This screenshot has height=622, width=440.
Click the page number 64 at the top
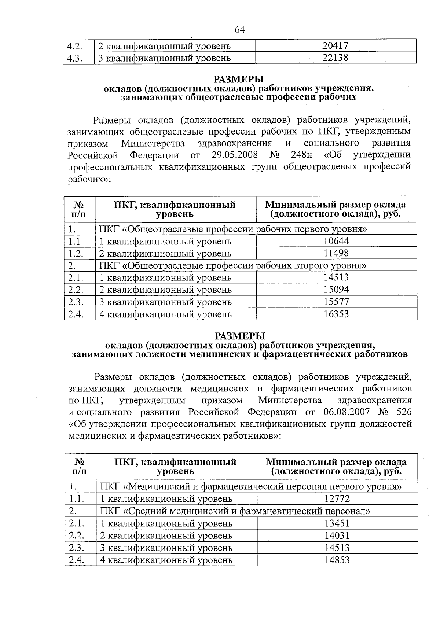click(x=239, y=30)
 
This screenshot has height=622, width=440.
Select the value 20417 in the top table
click(x=335, y=46)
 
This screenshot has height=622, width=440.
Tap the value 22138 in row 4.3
click(x=335, y=58)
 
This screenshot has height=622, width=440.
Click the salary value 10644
click(x=336, y=241)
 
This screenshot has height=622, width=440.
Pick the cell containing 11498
click(x=336, y=253)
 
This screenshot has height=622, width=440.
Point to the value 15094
click(x=336, y=290)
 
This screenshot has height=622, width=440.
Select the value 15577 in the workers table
click(x=336, y=302)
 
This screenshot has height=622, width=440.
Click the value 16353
click(x=336, y=314)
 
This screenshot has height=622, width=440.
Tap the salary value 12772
click(x=337, y=498)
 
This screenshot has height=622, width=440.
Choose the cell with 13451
click(x=337, y=523)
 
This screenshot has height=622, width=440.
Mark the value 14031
click(x=337, y=535)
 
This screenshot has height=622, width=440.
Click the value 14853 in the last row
click(x=337, y=560)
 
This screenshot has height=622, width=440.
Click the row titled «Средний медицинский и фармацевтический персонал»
click(x=235, y=511)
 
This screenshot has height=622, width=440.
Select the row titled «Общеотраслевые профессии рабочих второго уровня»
click(x=233, y=265)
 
